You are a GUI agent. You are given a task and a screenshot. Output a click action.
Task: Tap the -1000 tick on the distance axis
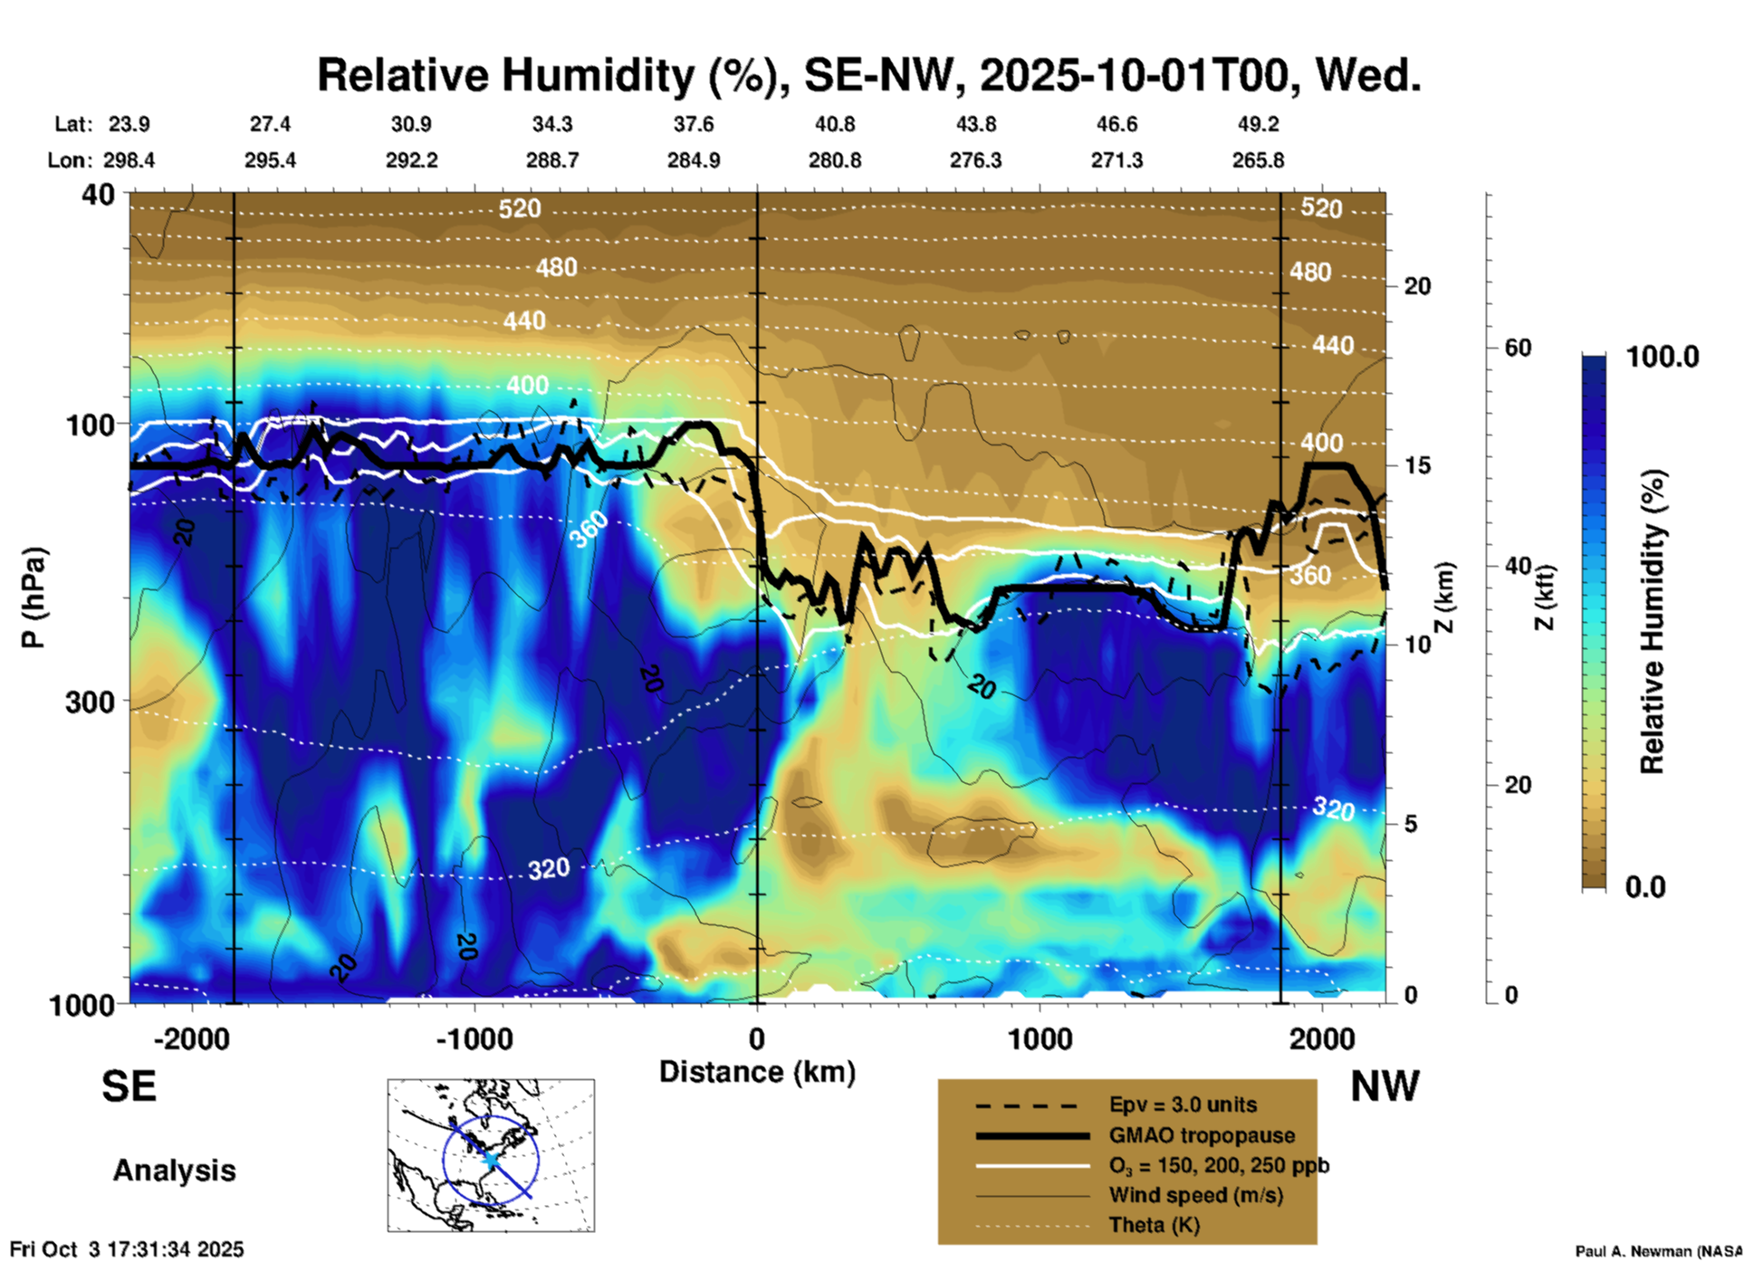474,1038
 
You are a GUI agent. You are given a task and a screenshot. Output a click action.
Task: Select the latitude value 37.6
693,124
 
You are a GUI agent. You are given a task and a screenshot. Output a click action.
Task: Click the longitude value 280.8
834,160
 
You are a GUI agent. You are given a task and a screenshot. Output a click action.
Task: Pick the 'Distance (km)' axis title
757,1072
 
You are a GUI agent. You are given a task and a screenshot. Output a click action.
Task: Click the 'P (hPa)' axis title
34,597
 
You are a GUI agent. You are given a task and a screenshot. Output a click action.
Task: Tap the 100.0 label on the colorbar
1663,357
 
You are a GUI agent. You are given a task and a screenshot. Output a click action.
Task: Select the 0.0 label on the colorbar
1644,887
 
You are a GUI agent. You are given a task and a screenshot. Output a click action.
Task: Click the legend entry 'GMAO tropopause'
1202,1135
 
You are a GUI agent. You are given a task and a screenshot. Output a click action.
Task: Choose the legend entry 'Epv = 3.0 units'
1183,1104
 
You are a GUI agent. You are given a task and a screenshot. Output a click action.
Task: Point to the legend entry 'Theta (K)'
1154,1225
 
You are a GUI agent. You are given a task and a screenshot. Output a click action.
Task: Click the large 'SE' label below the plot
129,1086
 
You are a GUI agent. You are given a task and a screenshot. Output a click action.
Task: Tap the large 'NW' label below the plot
1385,1086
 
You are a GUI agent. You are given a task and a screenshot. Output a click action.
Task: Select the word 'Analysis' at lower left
174,1171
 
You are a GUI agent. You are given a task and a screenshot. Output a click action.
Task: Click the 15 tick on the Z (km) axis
1417,465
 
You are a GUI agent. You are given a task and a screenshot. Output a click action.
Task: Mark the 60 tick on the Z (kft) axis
1518,348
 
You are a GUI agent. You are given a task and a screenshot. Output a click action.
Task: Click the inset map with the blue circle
491,1155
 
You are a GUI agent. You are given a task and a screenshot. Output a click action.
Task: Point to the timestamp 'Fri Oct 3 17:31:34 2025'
127,1249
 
